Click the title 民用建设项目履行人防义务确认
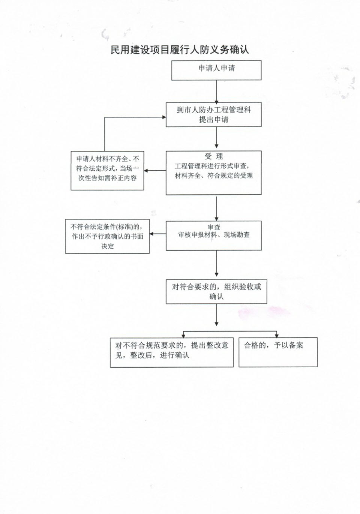(x=180, y=50)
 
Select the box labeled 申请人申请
(x=216, y=70)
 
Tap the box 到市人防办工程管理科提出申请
(x=214, y=114)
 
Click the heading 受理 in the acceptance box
(x=214, y=156)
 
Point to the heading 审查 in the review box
(x=214, y=227)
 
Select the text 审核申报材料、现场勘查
(x=214, y=235)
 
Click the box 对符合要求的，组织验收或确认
(x=216, y=292)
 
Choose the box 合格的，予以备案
(x=278, y=352)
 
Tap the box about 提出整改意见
(x=172, y=352)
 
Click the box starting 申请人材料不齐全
(x=107, y=170)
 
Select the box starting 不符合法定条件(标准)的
(x=107, y=236)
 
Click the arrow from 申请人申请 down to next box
(x=216, y=92)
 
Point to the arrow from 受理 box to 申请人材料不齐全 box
(x=155, y=171)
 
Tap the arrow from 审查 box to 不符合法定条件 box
(x=158, y=234)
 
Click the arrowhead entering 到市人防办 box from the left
(x=164, y=117)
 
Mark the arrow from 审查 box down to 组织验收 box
(x=216, y=263)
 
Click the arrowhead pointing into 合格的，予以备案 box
(x=276, y=335)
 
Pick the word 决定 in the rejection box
(x=108, y=246)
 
